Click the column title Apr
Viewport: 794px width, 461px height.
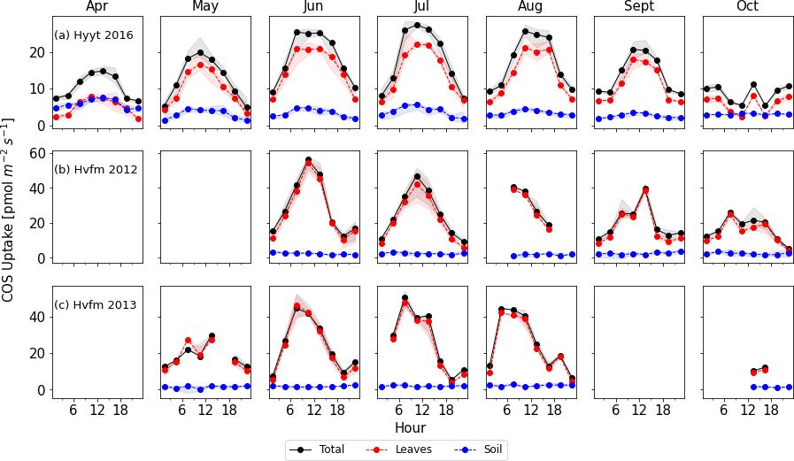click(97, 7)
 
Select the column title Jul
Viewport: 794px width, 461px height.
click(422, 7)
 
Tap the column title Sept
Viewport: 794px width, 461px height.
click(639, 7)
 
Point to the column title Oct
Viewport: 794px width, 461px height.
click(747, 7)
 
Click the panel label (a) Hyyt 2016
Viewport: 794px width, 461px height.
click(94, 35)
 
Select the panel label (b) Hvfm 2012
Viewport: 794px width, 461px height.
click(96, 170)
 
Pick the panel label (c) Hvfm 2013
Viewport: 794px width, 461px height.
click(96, 305)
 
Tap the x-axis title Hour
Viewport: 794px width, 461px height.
click(410, 428)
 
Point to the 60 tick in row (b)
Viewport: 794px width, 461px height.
click(39, 153)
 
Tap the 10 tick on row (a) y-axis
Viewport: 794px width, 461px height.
click(39, 88)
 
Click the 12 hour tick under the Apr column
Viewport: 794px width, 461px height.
click(97, 411)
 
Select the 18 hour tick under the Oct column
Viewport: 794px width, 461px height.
click(769, 411)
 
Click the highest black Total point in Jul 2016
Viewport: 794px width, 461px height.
click(417, 26)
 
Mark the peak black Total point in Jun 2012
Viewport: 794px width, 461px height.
click(308, 160)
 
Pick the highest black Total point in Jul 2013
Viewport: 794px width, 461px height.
click(405, 298)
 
